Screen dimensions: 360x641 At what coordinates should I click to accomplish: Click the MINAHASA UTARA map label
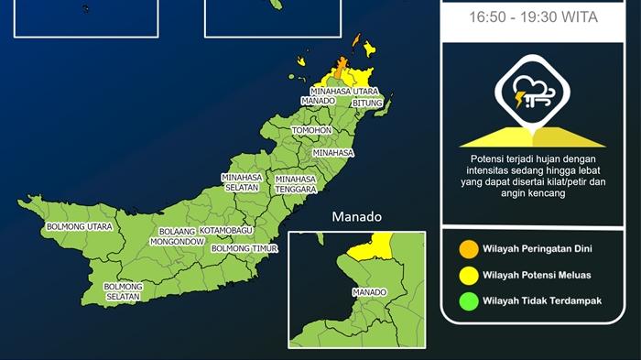click(344, 92)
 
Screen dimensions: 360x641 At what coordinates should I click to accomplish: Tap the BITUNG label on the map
click(367, 104)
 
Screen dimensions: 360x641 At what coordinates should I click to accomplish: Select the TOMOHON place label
click(312, 131)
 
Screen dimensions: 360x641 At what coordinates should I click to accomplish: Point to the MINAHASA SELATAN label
click(242, 182)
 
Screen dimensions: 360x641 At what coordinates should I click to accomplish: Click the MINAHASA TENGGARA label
click(296, 184)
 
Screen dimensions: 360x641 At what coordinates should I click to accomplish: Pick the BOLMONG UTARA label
click(81, 225)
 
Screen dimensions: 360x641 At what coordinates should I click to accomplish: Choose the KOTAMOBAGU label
click(232, 230)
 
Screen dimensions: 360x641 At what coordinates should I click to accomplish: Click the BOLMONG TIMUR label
click(244, 248)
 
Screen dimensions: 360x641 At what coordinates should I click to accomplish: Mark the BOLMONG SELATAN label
click(123, 292)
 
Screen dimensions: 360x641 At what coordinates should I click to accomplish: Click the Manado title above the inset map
click(357, 217)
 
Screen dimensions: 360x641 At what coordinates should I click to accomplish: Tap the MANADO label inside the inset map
click(369, 293)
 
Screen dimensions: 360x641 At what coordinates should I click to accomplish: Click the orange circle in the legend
click(468, 248)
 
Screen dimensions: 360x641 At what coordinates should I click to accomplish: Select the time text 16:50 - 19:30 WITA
click(532, 16)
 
